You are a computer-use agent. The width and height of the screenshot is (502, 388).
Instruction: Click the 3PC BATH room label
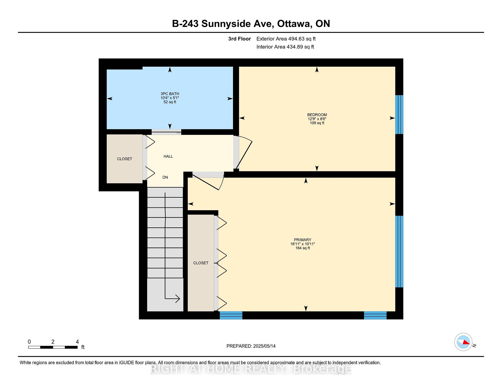[x=170, y=94]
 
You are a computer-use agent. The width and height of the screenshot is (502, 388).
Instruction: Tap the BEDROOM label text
[x=317, y=115]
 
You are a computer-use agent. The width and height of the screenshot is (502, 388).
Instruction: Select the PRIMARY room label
[x=303, y=239]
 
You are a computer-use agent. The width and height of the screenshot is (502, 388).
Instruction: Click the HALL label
[x=168, y=156]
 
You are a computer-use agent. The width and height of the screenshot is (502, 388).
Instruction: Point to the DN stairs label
[x=165, y=177]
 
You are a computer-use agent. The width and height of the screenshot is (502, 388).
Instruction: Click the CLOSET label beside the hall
[x=124, y=159]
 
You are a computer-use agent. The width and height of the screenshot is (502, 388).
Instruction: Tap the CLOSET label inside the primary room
[x=201, y=263]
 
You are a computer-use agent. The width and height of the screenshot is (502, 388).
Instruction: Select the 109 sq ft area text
[x=317, y=123]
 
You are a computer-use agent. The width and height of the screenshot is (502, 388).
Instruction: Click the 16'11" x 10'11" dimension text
[x=303, y=244]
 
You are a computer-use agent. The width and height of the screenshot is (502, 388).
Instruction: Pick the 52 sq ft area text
[x=170, y=102]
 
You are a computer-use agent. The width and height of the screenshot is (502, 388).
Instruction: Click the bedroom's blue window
[x=399, y=115]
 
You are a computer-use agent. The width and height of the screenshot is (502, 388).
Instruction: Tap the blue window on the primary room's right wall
[x=399, y=252]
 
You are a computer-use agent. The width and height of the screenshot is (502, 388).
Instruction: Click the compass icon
[x=463, y=342]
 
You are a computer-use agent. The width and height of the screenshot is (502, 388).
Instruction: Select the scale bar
[x=53, y=347]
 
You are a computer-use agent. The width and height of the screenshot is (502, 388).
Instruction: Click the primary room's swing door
[x=208, y=181]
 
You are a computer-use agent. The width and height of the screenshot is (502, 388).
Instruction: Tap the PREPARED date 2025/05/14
[x=264, y=346]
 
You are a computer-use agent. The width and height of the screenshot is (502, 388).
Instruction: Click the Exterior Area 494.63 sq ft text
[x=286, y=39]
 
